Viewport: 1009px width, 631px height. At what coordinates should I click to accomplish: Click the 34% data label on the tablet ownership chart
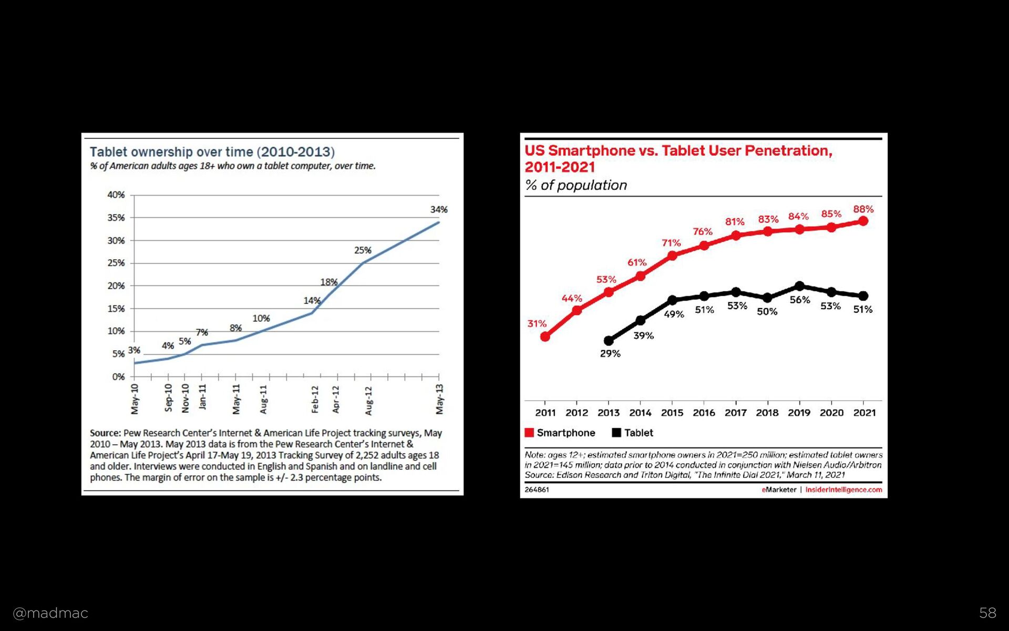[439, 209]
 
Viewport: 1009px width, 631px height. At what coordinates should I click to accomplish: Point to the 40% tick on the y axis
[116, 195]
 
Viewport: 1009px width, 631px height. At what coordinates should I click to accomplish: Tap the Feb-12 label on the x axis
[315, 399]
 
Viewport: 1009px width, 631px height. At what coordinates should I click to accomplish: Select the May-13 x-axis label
[440, 399]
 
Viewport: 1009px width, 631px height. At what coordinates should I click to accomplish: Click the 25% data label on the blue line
[363, 250]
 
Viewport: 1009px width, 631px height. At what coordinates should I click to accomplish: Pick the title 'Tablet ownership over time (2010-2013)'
[212, 152]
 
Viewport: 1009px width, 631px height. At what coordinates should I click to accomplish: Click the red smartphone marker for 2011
[545, 337]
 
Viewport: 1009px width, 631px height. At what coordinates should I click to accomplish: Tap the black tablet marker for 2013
[609, 341]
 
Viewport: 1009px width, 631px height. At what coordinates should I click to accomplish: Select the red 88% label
[863, 209]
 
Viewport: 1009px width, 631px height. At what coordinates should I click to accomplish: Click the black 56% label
[800, 300]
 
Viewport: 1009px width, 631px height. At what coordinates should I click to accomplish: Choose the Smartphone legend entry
[560, 433]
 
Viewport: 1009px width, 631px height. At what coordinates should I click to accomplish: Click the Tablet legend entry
[633, 433]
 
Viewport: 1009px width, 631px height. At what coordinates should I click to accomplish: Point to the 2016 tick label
[704, 413]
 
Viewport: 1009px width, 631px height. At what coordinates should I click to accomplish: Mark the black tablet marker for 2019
[799, 286]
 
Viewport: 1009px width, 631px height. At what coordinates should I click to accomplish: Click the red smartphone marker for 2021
[863, 221]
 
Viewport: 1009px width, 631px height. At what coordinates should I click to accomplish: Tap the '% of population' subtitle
[576, 185]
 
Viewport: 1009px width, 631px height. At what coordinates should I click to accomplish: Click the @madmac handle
[50, 613]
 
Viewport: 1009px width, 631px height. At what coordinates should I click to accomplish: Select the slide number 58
[987, 613]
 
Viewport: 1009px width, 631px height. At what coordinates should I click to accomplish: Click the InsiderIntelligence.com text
[843, 490]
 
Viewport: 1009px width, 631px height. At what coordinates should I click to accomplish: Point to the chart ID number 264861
[537, 490]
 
